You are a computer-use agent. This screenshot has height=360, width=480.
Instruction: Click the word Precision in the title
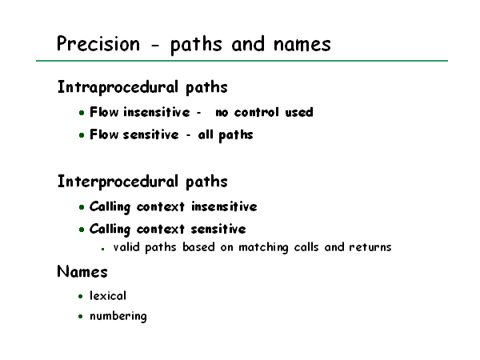tap(98, 43)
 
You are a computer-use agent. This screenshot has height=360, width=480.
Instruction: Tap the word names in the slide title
tap(302, 44)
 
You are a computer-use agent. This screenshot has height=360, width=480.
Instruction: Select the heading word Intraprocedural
tap(118, 87)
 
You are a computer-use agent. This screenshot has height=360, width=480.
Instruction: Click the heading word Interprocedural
tap(118, 182)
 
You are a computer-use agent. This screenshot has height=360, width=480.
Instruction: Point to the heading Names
tap(82, 271)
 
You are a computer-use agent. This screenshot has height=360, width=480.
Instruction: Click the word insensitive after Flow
tap(157, 112)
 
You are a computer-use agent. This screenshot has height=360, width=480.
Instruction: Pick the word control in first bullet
tap(257, 112)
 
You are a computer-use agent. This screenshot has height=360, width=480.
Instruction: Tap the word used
tap(299, 112)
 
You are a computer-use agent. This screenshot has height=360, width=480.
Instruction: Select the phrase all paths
tap(226, 135)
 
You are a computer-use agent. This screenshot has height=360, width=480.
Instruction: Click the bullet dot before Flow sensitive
tap(82, 135)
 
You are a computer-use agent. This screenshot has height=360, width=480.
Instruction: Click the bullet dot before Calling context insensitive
tap(82, 207)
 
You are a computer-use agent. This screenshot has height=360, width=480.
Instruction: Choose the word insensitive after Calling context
tap(224, 206)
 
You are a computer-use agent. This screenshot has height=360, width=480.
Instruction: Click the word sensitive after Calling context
tap(218, 229)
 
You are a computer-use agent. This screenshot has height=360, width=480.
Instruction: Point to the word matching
tap(263, 247)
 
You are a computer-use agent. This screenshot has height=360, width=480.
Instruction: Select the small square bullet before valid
tap(103, 249)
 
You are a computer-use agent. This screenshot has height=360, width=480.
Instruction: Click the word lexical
tap(108, 296)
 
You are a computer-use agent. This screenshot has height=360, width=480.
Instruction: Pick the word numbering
tap(118, 316)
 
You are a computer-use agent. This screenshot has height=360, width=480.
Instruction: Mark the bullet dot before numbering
tap(81, 316)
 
